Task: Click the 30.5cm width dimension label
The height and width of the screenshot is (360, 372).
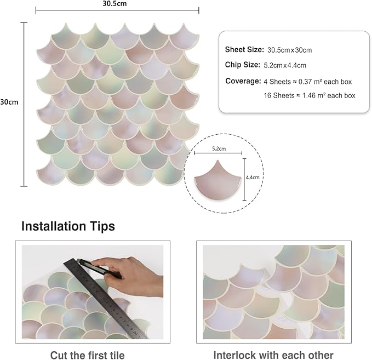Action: [115, 3]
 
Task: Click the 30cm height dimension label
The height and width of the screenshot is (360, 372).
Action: [9, 102]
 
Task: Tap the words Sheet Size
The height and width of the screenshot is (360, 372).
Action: [244, 50]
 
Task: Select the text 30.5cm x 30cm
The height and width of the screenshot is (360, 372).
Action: [289, 50]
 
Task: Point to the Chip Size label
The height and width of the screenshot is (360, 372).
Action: [243, 65]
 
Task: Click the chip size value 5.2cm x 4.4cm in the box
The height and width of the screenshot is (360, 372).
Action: [285, 65]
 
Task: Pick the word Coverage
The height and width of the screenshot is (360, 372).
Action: [243, 81]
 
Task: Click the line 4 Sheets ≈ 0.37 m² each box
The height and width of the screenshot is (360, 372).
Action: [308, 82]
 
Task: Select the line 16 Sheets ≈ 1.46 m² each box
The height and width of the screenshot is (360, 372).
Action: [310, 95]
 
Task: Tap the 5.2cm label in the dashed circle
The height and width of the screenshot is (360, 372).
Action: [219, 149]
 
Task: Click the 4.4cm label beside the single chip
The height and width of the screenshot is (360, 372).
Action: [253, 178]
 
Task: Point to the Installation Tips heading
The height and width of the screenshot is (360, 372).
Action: [68, 226]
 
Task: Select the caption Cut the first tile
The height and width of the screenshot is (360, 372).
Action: [87, 355]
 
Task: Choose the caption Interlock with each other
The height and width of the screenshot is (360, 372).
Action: [273, 355]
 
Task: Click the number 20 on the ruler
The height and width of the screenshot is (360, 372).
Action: [135, 333]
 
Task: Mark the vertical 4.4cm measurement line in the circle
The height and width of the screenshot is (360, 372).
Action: [244, 179]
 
